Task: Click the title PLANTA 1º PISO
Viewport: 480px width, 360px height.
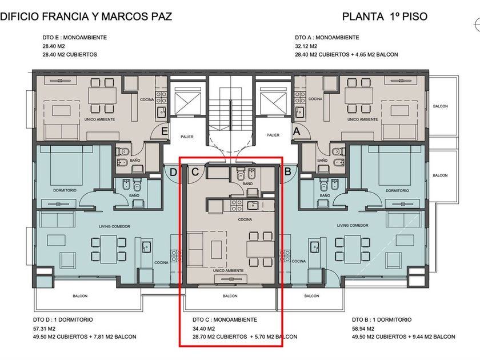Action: [x=385, y=16]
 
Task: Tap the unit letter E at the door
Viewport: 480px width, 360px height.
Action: [x=165, y=131]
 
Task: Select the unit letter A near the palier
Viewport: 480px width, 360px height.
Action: [x=297, y=131]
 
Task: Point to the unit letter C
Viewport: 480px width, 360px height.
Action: [x=195, y=172]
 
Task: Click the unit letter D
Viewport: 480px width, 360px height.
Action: [x=173, y=173]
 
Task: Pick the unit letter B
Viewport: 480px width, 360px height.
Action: [x=288, y=171]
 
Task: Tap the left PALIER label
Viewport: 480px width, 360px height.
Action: [x=187, y=137]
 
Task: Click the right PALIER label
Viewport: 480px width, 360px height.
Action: [x=273, y=135]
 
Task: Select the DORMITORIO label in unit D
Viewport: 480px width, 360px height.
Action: [x=65, y=190]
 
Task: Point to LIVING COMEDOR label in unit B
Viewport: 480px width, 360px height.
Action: [x=353, y=225]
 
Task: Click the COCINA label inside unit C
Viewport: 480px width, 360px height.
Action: [x=245, y=219]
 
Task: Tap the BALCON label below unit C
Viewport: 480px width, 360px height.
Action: [x=230, y=296]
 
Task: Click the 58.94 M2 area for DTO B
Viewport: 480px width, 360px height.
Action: [x=363, y=329]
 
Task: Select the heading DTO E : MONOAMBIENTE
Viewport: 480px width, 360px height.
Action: [x=75, y=38]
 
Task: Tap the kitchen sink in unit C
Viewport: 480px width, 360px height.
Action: [x=253, y=205]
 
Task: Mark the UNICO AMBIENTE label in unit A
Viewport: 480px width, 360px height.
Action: [x=363, y=119]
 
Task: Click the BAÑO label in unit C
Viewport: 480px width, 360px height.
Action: [x=247, y=183]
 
